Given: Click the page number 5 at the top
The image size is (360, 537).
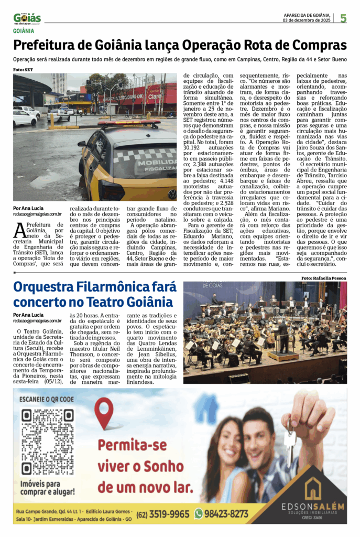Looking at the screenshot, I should [343, 18].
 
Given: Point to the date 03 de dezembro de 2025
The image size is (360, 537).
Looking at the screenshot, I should [307, 21].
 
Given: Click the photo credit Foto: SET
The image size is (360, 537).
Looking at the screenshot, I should [23, 70].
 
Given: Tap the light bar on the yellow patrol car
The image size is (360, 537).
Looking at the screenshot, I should [128, 124].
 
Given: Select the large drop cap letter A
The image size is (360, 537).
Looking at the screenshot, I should [19, 230].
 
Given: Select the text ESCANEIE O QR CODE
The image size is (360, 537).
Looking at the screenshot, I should [46, 399].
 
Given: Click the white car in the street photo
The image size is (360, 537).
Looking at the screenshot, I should [24, 117].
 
